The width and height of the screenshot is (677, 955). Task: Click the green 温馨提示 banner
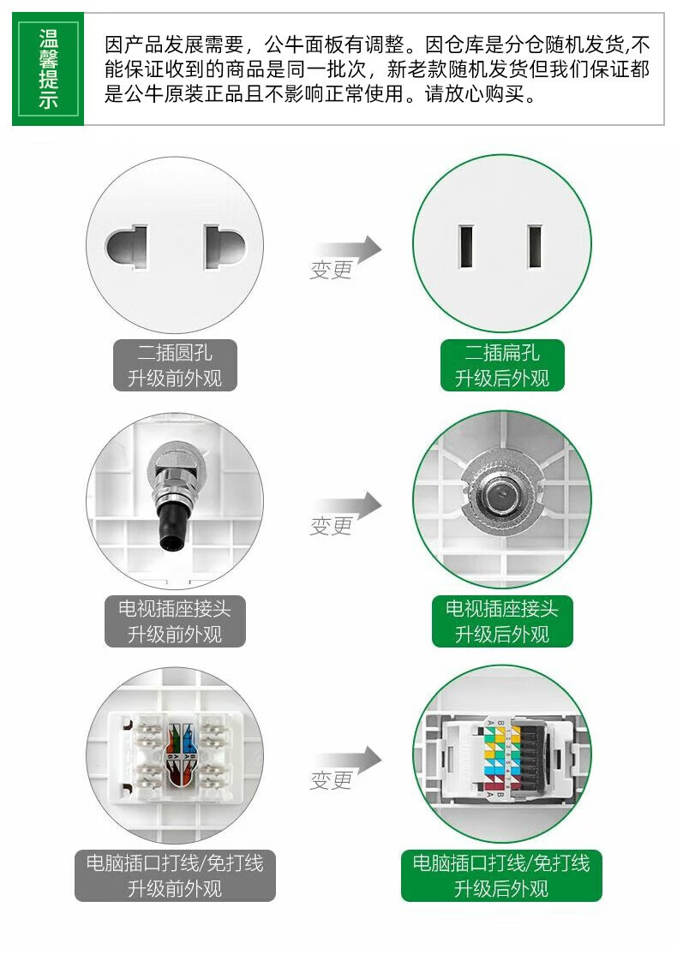click(x=48, y=69)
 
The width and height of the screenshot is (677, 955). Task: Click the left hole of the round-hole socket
click(x=127, y=248)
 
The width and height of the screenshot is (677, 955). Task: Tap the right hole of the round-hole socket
click(x=225, y=248)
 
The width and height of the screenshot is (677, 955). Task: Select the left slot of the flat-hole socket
click(x=466, y=246)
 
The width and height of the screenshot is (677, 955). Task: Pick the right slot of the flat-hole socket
click(x=535, y=246)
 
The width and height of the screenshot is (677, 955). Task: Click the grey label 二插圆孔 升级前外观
click(x=175, y=366)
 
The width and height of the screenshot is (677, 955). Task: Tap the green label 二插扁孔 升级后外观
click(x=502, y=366)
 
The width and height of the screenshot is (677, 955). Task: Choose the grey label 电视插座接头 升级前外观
click(x=175, y=621)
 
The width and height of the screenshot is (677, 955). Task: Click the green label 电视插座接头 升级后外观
click(x=502, y=621)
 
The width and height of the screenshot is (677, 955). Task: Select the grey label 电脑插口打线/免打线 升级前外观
click(x=175, y=876)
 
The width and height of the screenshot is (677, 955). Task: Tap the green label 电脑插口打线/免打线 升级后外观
click(x=501, y=876)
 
